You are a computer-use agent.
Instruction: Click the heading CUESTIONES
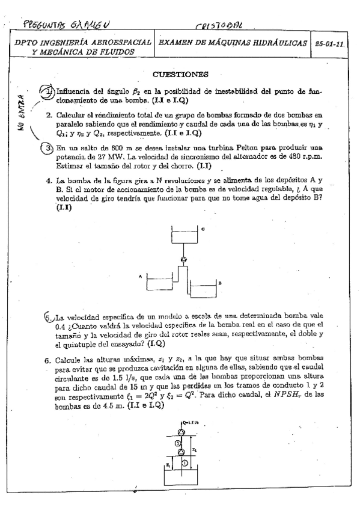[x=180, y=75]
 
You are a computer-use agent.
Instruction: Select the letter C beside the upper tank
[x=203, y=229]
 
